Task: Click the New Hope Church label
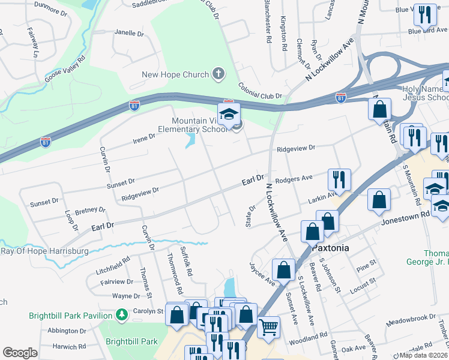point(175,75)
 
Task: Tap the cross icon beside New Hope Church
point(218,74)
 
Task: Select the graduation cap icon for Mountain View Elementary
point(228,113)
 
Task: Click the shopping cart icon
point(268,327)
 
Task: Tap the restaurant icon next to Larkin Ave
point(339,179)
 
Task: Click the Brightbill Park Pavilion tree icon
point(122,314)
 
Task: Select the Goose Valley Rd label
point(64,70)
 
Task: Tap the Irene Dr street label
point(144,139)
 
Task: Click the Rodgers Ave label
point(294,179)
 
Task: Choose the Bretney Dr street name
point(90,211)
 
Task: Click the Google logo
point(20,353)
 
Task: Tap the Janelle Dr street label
point(129,33)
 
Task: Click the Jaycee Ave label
point(262,273)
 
